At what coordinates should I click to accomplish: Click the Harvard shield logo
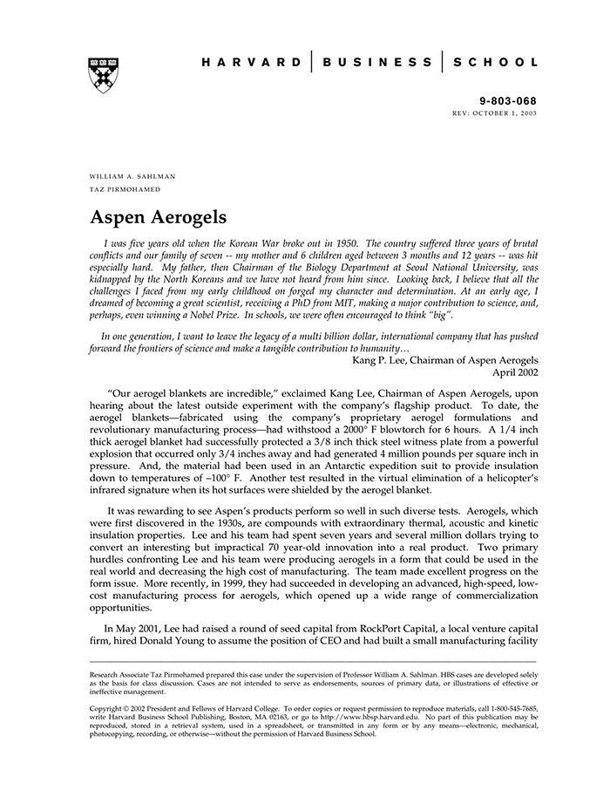click(103, 76)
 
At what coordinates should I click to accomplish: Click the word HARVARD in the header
click(250, 63)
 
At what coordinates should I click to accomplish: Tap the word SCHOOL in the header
click(495, 63)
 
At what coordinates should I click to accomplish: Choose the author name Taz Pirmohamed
click(125, 188)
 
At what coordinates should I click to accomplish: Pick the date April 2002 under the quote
click(515, 371)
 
